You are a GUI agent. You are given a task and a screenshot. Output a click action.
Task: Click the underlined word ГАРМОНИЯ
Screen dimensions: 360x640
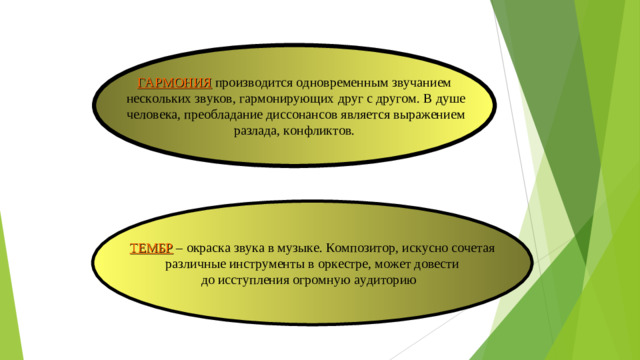coord(175,82)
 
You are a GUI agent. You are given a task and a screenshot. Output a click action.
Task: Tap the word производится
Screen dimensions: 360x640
coord(250,82)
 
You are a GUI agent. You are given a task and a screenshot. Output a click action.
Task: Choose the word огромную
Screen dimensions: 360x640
coord(333,280)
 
